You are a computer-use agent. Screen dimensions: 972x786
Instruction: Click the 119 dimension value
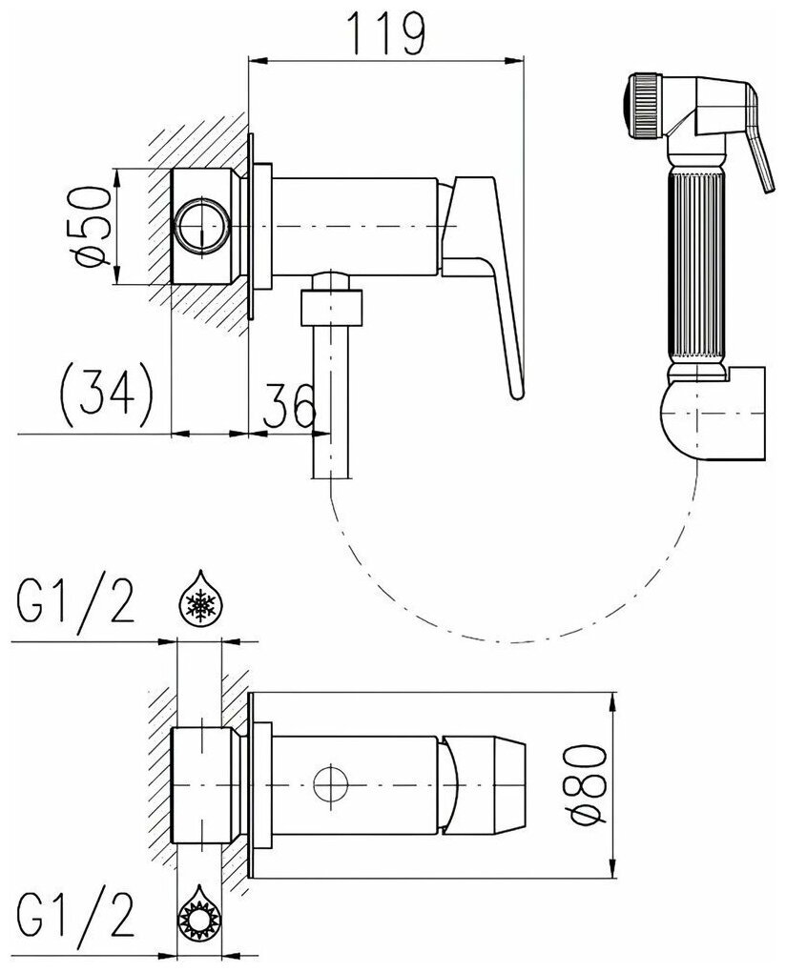coord(385,34)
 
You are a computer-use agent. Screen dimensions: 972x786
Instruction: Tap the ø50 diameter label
coord(95,227)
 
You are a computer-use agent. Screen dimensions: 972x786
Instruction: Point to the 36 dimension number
coord(290,407)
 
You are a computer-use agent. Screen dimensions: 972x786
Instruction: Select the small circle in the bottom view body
coord(330,787)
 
